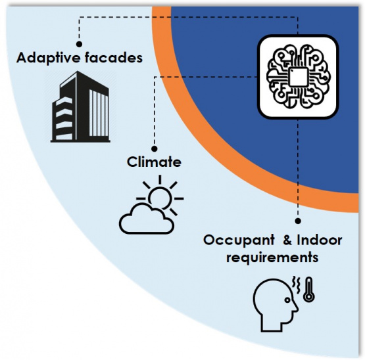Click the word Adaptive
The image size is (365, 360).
49,58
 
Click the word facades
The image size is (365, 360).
114,57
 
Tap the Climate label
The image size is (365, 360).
154,162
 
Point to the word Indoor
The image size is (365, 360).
320,240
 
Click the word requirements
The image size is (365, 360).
272,258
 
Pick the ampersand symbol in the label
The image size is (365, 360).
287,240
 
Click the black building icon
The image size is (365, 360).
80,106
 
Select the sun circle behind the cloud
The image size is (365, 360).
160,196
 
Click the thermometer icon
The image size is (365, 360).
309,290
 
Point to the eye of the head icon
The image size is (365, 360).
287,300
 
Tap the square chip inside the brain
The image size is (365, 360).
298,77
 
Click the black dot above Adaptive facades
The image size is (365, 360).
79,44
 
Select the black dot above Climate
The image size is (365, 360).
154,148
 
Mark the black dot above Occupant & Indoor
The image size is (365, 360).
298,221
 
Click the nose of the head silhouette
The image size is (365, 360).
297,307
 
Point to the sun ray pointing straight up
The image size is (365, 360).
160,179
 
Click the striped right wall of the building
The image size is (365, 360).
99,113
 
